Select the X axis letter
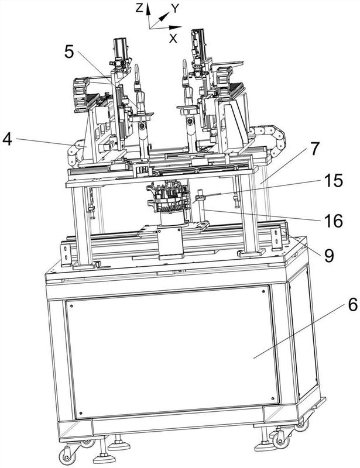[x=173, y=38]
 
